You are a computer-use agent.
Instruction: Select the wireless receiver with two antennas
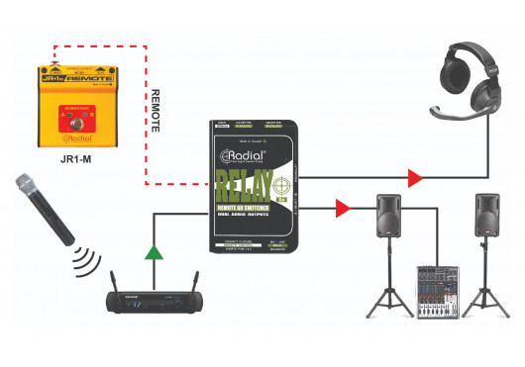click(x=153, y=298)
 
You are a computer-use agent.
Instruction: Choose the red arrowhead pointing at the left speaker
click(x=343, y=209)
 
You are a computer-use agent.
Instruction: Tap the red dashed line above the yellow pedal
click(x=99, y=44)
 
